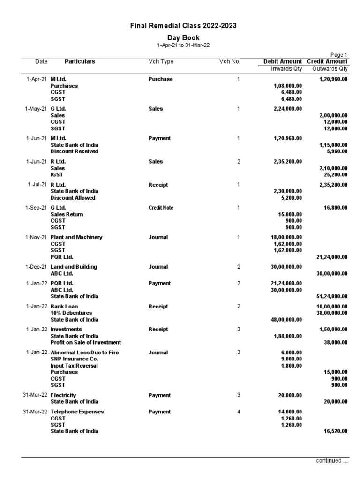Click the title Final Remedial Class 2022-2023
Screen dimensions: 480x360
(183, 26)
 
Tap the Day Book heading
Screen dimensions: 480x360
(183, 37)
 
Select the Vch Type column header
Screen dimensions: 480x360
(161, 61)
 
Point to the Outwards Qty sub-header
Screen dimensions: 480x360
(330, 69)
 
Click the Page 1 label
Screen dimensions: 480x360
(339, 55)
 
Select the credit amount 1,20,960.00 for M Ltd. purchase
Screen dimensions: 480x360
(333, 79)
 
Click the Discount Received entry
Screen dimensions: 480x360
(74, 151)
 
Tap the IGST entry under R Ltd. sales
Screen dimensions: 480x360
(57, 174)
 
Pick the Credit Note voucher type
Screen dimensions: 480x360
(160, 208)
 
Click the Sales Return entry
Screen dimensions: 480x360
(67, 214)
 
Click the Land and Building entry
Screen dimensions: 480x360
(74, 267)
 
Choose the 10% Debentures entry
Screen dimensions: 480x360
(71, 313)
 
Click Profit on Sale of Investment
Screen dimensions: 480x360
(86, 342)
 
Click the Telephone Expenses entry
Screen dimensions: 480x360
(77, 412)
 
